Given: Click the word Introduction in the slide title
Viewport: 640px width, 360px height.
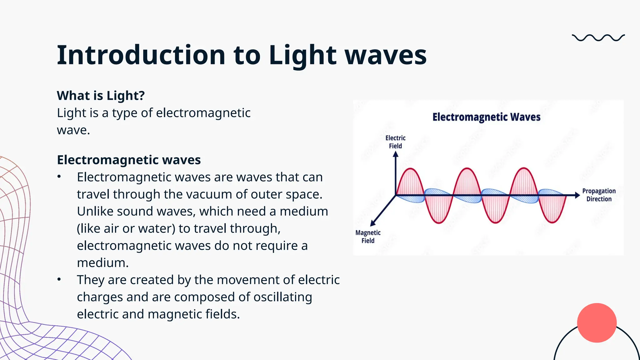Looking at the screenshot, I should [141, 55].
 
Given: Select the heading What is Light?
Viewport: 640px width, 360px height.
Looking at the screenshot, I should [101, 96].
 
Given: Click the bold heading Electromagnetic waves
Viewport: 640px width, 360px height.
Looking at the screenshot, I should [129, 160].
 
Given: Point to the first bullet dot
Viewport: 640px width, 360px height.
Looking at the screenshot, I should [59, 177].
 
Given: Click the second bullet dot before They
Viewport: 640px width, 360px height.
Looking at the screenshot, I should [59, 279].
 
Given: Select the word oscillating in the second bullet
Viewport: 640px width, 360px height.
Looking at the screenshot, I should [282, 297].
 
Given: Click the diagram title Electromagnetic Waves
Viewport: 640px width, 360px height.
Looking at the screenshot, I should [486, 117].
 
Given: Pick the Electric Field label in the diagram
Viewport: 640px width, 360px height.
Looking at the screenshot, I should [395, 142].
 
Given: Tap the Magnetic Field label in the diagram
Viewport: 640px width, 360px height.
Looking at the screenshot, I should [368, 237].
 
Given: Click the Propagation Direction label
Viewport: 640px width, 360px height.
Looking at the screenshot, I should [599, 195].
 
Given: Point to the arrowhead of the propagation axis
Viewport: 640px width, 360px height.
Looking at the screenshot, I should [577, 195].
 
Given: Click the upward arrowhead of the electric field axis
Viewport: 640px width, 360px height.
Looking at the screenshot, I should [396, 154].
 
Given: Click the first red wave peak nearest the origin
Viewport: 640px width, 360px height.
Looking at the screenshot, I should [410, 170].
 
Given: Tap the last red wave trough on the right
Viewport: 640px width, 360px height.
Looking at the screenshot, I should [552, 221].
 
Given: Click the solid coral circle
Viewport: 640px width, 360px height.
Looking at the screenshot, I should [597, 323].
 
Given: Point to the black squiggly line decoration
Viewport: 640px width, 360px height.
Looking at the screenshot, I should [598, 38].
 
